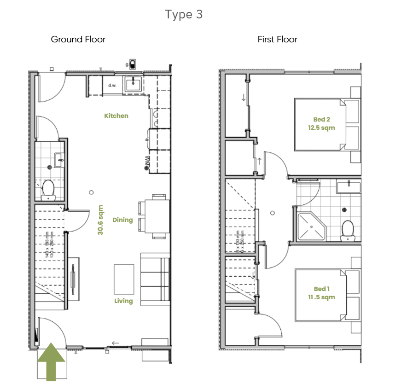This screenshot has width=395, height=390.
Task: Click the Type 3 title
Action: click(x=184, y=15)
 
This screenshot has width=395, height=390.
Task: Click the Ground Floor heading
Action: click(x=78, y=40)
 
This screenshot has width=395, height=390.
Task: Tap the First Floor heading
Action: click(x=277, y=40)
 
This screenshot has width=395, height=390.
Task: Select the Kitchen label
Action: click(x=116, y=116)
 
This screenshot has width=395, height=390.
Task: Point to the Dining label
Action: click(x=122, y=220)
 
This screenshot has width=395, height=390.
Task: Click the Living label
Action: click(x=123, y=301)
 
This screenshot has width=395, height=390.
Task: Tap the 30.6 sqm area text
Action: click(x=100, y=220)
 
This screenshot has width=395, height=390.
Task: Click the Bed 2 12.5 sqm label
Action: click(x=321, y=124)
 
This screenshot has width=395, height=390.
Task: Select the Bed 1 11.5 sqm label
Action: click(x=321, y=293)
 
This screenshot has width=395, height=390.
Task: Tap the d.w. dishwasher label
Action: click(x=112, y=86)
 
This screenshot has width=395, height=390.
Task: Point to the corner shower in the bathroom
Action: click(x=310, y=227)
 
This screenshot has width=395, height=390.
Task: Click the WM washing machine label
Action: click(x=147, y=162)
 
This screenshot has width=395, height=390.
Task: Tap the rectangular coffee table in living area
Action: click(x=124, y=279)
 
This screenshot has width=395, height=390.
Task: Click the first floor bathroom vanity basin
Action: click(x=349, y=186)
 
